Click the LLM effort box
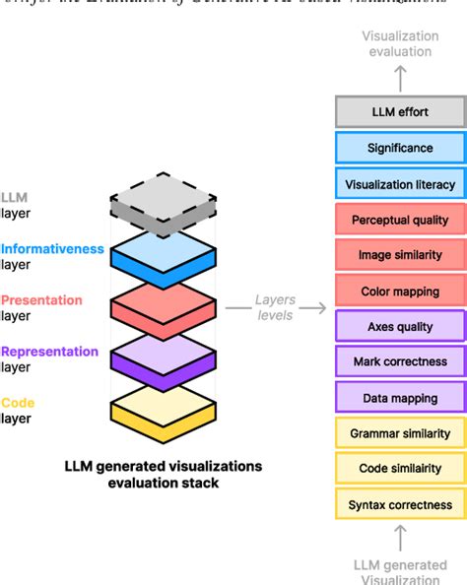coord(399,112)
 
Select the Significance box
coord(399,148)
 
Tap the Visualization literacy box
coord(399,184)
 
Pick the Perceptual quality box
coord(399,220)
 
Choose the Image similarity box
coord(399,255)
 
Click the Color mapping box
coord(399,291)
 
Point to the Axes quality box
coord(399,326)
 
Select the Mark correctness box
coord(399,361)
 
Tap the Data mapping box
coord(399,398)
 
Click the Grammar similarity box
coord(399,433)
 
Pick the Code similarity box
coord(399,469)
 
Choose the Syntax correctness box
coord(399,504)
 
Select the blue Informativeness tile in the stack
coord(162,254)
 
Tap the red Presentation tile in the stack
coord(162,303)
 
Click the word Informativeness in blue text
coord(52,249)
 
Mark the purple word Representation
coord(49,352)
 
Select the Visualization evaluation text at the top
coord(400,44)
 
